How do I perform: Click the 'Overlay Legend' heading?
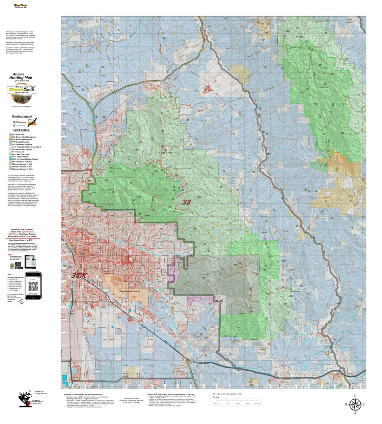22,116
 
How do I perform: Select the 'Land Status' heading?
21,130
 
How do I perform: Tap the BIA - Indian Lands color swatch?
10,134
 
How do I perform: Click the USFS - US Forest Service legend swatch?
10,157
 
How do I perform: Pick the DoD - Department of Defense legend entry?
22,145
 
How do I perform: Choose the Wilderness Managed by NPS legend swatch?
10,166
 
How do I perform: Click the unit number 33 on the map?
187,202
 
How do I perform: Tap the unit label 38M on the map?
79,276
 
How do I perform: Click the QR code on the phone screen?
33,287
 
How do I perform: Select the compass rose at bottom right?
355,404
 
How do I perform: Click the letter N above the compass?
355,396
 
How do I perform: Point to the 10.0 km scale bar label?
257,403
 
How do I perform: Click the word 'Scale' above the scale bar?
216,397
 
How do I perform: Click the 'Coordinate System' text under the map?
132,398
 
